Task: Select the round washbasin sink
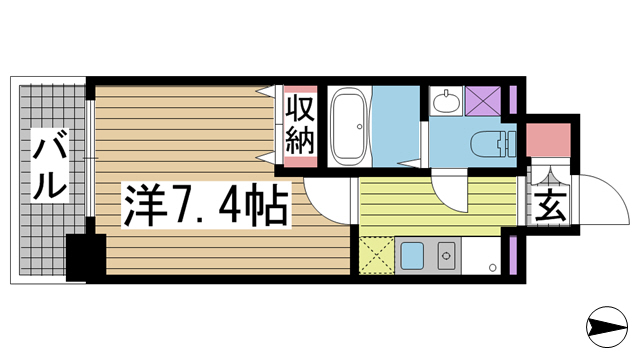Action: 446,100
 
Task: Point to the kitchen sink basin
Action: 411,256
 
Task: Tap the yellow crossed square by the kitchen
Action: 375,256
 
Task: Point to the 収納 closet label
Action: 301,123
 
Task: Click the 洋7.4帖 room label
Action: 206,205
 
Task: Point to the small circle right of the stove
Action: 491,266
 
